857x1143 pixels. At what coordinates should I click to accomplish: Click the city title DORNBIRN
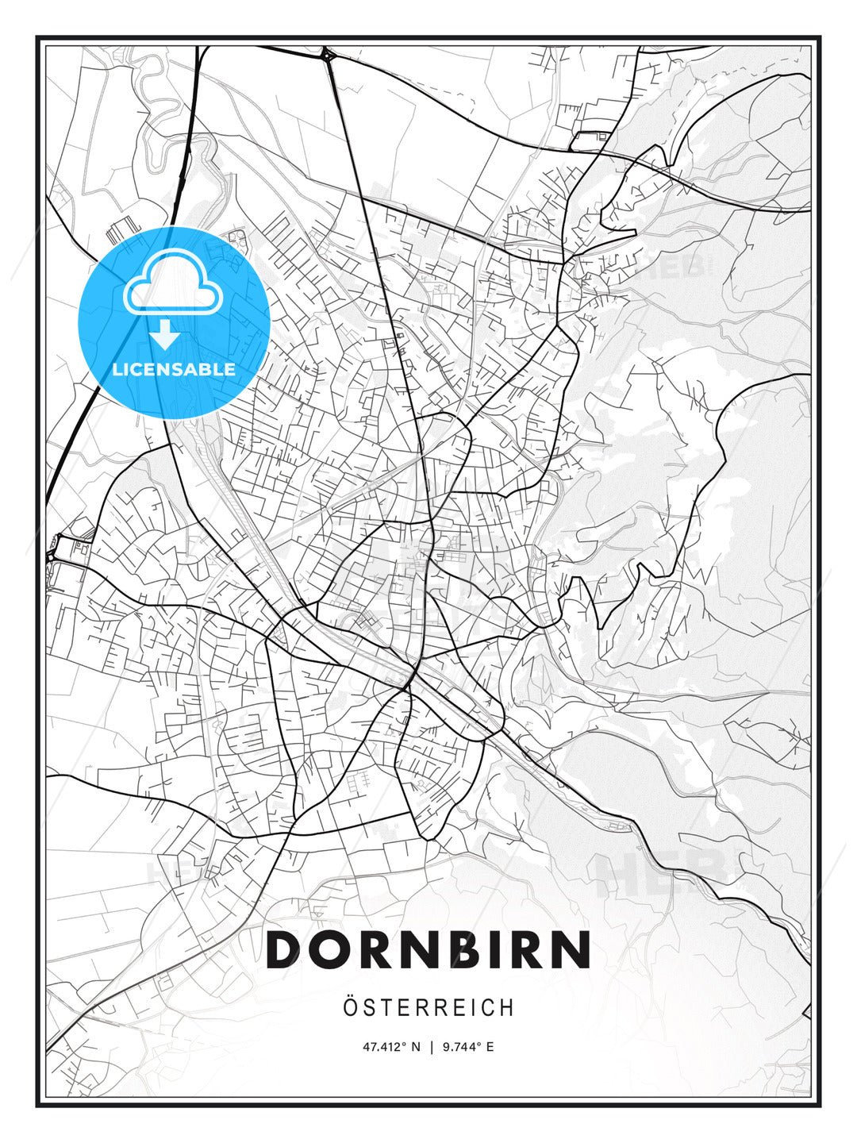click(x=428, y=949)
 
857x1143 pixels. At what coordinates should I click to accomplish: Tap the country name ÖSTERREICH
click(x=428, y=1008)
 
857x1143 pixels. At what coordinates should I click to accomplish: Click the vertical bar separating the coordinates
click(x=431, y=1047)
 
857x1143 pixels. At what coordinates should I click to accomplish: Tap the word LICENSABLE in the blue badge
click(x=174, y=369)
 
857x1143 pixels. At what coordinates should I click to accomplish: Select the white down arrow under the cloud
click(x=165, y=336)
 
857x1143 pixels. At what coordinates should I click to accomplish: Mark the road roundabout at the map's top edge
click(x=326, y=55)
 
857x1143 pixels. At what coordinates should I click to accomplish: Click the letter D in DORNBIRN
click(x=285, y=949)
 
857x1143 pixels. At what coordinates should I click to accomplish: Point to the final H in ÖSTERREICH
click(x=507, y=1008)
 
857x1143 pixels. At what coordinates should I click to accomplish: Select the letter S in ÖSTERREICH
click(x=370, y=1008)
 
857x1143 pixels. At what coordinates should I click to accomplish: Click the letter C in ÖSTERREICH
click(x=487, y=1008)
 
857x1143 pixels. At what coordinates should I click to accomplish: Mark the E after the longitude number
click(x=490, y=1047)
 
